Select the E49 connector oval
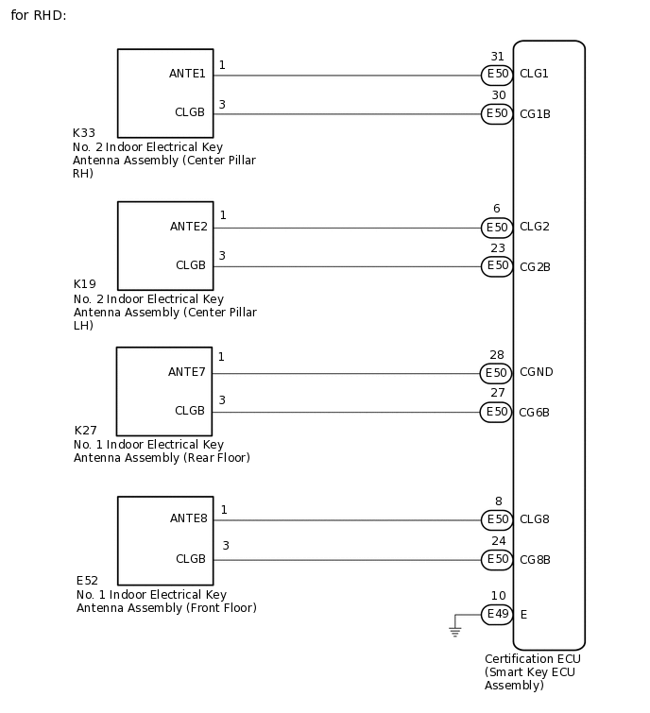pos(497,615)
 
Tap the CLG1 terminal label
pos(534,74)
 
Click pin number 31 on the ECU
pos(497,57)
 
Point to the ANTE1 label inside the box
pos(187,73)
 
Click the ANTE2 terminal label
pos(188,227)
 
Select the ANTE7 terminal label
pos(186,372)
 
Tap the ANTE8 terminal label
pos(188,518)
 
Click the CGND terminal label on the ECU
pos(536,372)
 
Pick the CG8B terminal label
pos(535,560)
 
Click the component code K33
pos(84,134)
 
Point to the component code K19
pos(85,284)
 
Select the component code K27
pos(86,431)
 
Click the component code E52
pos(88,581)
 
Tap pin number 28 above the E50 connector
pos(497,355)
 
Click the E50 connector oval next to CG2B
pos(497,266)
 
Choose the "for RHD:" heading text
pos(39,16)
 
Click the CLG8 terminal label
pos(534,519)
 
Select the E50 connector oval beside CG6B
pos(497,412)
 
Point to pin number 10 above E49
pos(498,596)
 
